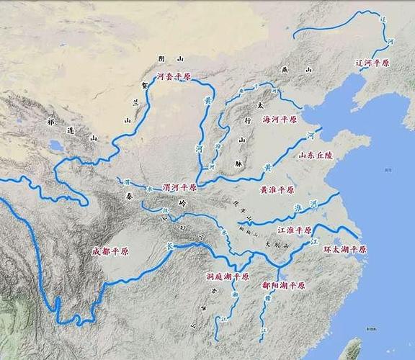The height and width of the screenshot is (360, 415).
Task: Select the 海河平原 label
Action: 280,120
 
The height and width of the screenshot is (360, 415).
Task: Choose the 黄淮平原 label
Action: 277,189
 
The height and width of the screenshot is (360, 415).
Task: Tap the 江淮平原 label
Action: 295,230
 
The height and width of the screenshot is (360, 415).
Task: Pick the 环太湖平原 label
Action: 344,249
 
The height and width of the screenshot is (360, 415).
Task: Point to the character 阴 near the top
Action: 161,58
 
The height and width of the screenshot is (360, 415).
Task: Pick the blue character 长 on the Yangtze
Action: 171,246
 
